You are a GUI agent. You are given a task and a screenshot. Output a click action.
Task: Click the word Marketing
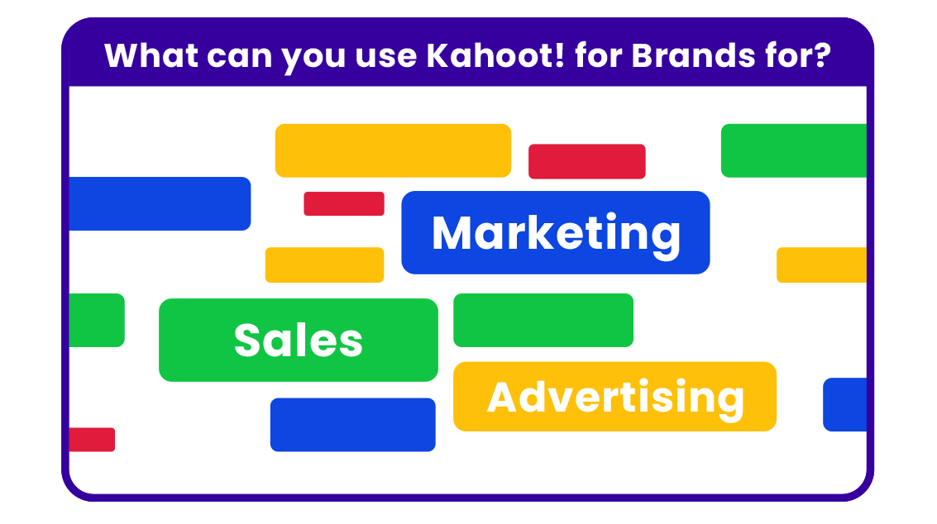[x=556, y=234]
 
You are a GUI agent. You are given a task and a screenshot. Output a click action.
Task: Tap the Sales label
[x=299, y=340]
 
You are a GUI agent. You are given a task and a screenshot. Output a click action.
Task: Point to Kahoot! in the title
[x=495, y=55]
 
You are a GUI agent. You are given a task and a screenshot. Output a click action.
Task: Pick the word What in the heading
[x=151, y=55]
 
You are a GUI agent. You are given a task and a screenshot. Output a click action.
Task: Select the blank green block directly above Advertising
[x=543, y=320]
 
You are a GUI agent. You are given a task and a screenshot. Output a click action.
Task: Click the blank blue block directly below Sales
[x=352, y=425]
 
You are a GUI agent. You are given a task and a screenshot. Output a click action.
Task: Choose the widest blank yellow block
[x=393, y=150]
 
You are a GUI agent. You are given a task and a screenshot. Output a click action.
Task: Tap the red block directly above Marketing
[x=587, y=161]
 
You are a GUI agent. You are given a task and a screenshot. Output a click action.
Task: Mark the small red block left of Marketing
[x=343, y=204]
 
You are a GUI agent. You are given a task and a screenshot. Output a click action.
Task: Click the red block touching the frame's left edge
[x=92, y=440]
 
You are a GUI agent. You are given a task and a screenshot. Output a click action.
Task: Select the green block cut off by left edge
[x=97, y=320]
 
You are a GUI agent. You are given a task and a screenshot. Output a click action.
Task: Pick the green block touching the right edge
[x=794, y=150]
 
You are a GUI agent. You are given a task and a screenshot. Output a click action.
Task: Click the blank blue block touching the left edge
[x=160, y=204]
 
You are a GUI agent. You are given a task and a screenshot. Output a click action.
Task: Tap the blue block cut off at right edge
[x=844, y=404]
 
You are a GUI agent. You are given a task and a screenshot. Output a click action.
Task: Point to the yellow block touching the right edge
[x=821, y=264]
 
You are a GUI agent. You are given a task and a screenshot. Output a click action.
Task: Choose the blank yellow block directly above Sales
[x=324, y=264]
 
